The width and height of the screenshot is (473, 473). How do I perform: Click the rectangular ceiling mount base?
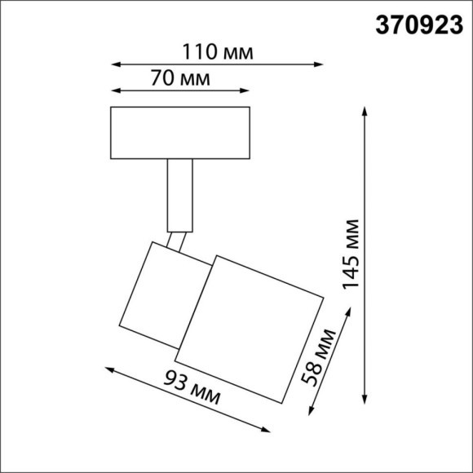coord(180,134)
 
